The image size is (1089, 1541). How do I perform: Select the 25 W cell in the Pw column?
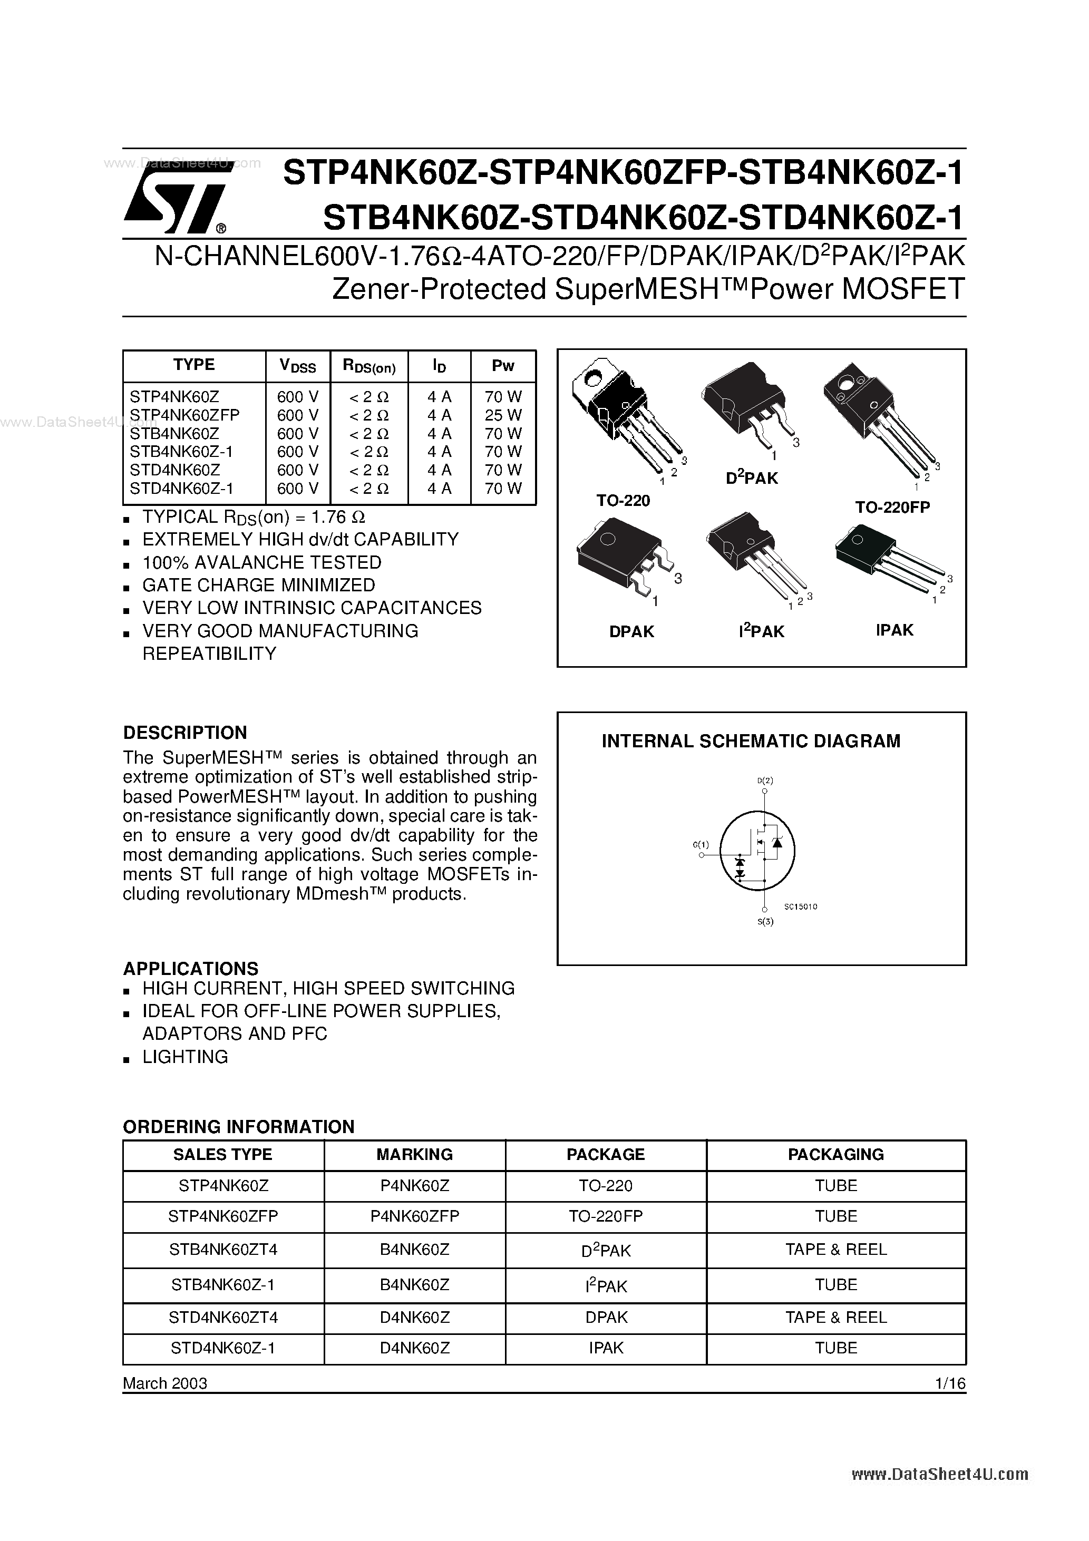(x=503, y=415)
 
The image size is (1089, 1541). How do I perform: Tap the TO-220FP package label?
(x=892, y=508)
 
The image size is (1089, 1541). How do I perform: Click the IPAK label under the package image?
(x=894, y=630)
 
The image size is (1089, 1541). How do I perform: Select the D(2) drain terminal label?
(x=765, y=780)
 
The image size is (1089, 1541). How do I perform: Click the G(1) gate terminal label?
(x=701, y=844)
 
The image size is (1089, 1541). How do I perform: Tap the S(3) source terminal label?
(x=765, y=922)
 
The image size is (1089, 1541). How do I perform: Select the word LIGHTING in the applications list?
(x=186, y=1057)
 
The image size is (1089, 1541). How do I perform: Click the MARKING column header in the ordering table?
(x=414, y=1154)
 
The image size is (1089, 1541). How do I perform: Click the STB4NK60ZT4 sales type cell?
(x=223, y=1249)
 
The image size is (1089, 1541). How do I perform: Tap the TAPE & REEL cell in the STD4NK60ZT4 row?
(x=836, y=1317)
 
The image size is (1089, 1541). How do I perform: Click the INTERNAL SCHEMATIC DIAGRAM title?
(x=751, y=741)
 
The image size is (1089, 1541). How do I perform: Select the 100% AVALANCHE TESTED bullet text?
(x=262, y=562)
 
